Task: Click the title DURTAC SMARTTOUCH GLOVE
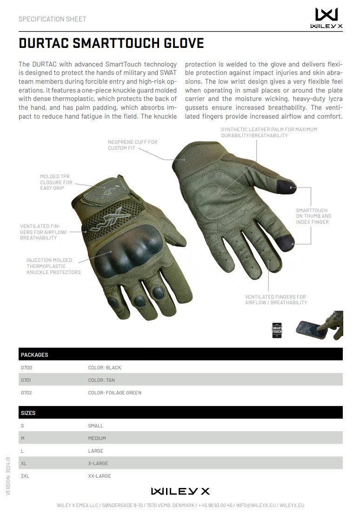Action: click(111, 43)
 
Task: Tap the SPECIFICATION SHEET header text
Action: click(52, 19)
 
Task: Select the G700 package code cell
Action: click(27, 367)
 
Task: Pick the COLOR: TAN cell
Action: click(101, 380)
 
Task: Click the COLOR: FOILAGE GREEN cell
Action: click(115, 393)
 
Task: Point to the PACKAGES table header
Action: click(34, 354)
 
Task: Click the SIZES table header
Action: click(28, 413)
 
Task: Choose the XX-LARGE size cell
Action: click(100, 476)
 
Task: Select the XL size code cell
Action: click(24, 463)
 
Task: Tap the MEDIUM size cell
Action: click(97, 438)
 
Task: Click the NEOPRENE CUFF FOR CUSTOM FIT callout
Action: click(133, 145)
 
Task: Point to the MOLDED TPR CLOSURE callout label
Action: click(56, 182)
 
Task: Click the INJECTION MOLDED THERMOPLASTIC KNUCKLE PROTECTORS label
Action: click(53, 266)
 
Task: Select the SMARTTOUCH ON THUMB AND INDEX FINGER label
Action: click(313, 216)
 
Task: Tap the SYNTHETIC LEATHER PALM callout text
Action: click(269, 132)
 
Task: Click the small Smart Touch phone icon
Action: click(277, 329)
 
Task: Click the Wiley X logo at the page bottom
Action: click(180, 491)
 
